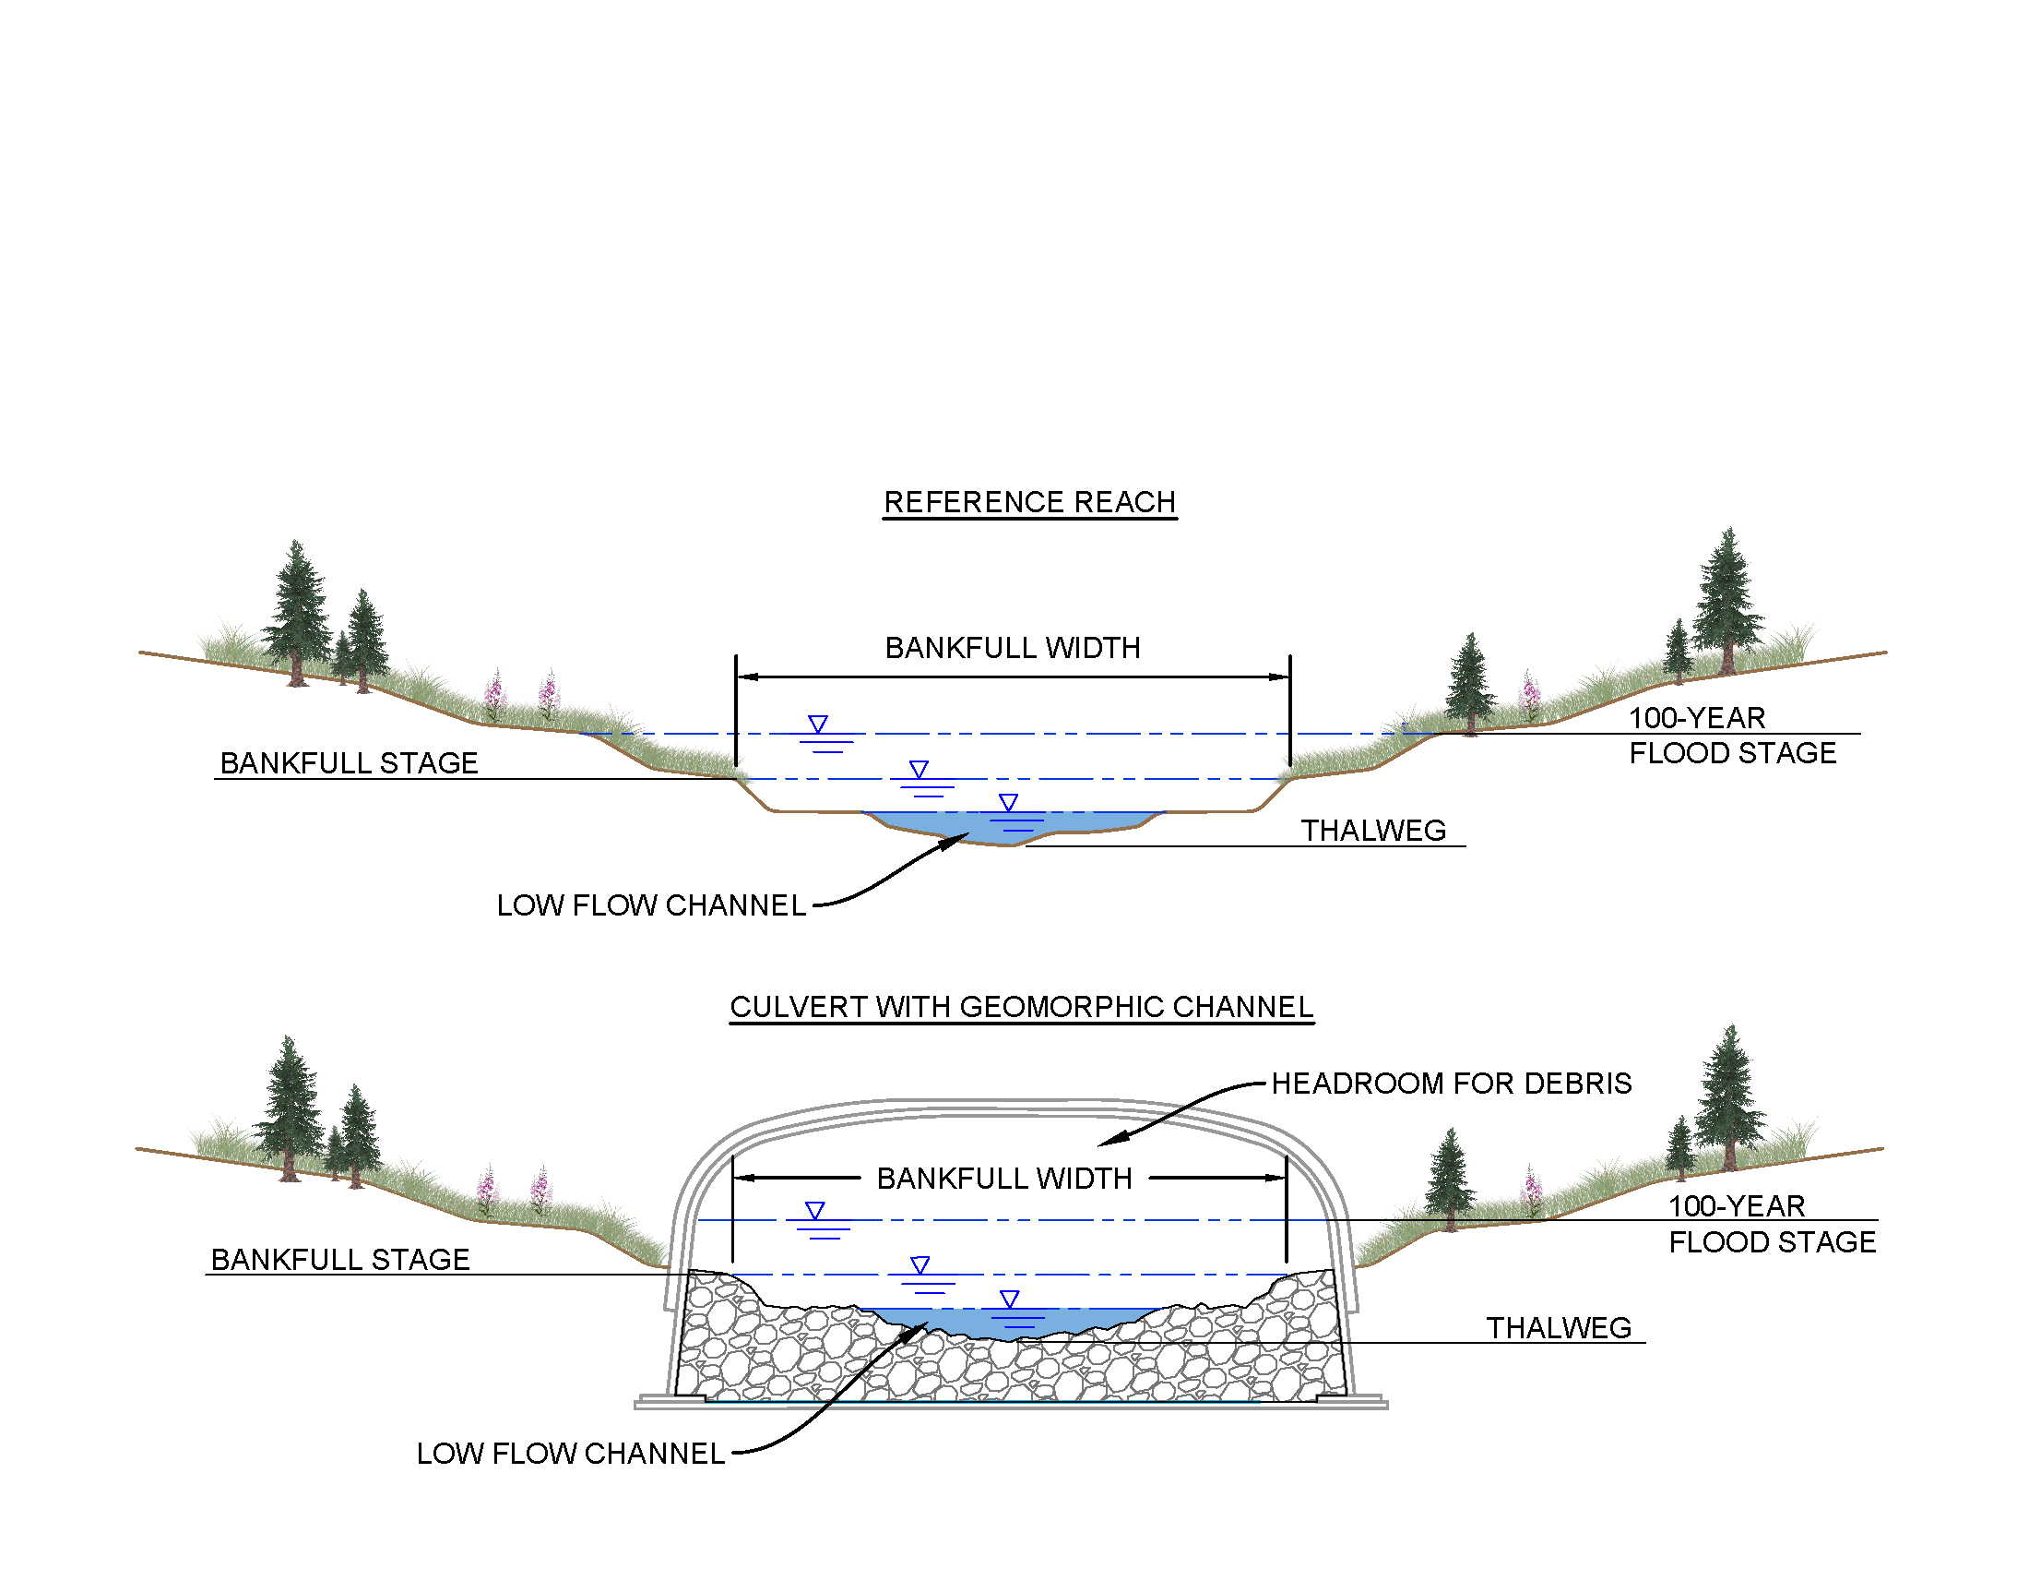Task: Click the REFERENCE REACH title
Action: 1029,502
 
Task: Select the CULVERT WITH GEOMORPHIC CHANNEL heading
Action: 1021,1007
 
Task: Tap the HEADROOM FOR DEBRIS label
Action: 1450,1084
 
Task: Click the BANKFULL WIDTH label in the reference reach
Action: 1013,648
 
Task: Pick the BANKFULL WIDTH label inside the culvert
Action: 1004,1179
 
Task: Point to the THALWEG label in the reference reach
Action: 1373,831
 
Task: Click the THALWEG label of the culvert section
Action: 1558,1328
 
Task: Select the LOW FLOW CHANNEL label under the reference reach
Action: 651,905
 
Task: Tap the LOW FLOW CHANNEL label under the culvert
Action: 570,1454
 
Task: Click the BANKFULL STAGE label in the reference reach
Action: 349,763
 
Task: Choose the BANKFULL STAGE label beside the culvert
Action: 340,1260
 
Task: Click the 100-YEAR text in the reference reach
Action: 1696,718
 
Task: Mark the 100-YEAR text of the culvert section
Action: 1737,1206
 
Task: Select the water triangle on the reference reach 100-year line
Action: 817,724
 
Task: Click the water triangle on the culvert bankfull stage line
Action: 920,1264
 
